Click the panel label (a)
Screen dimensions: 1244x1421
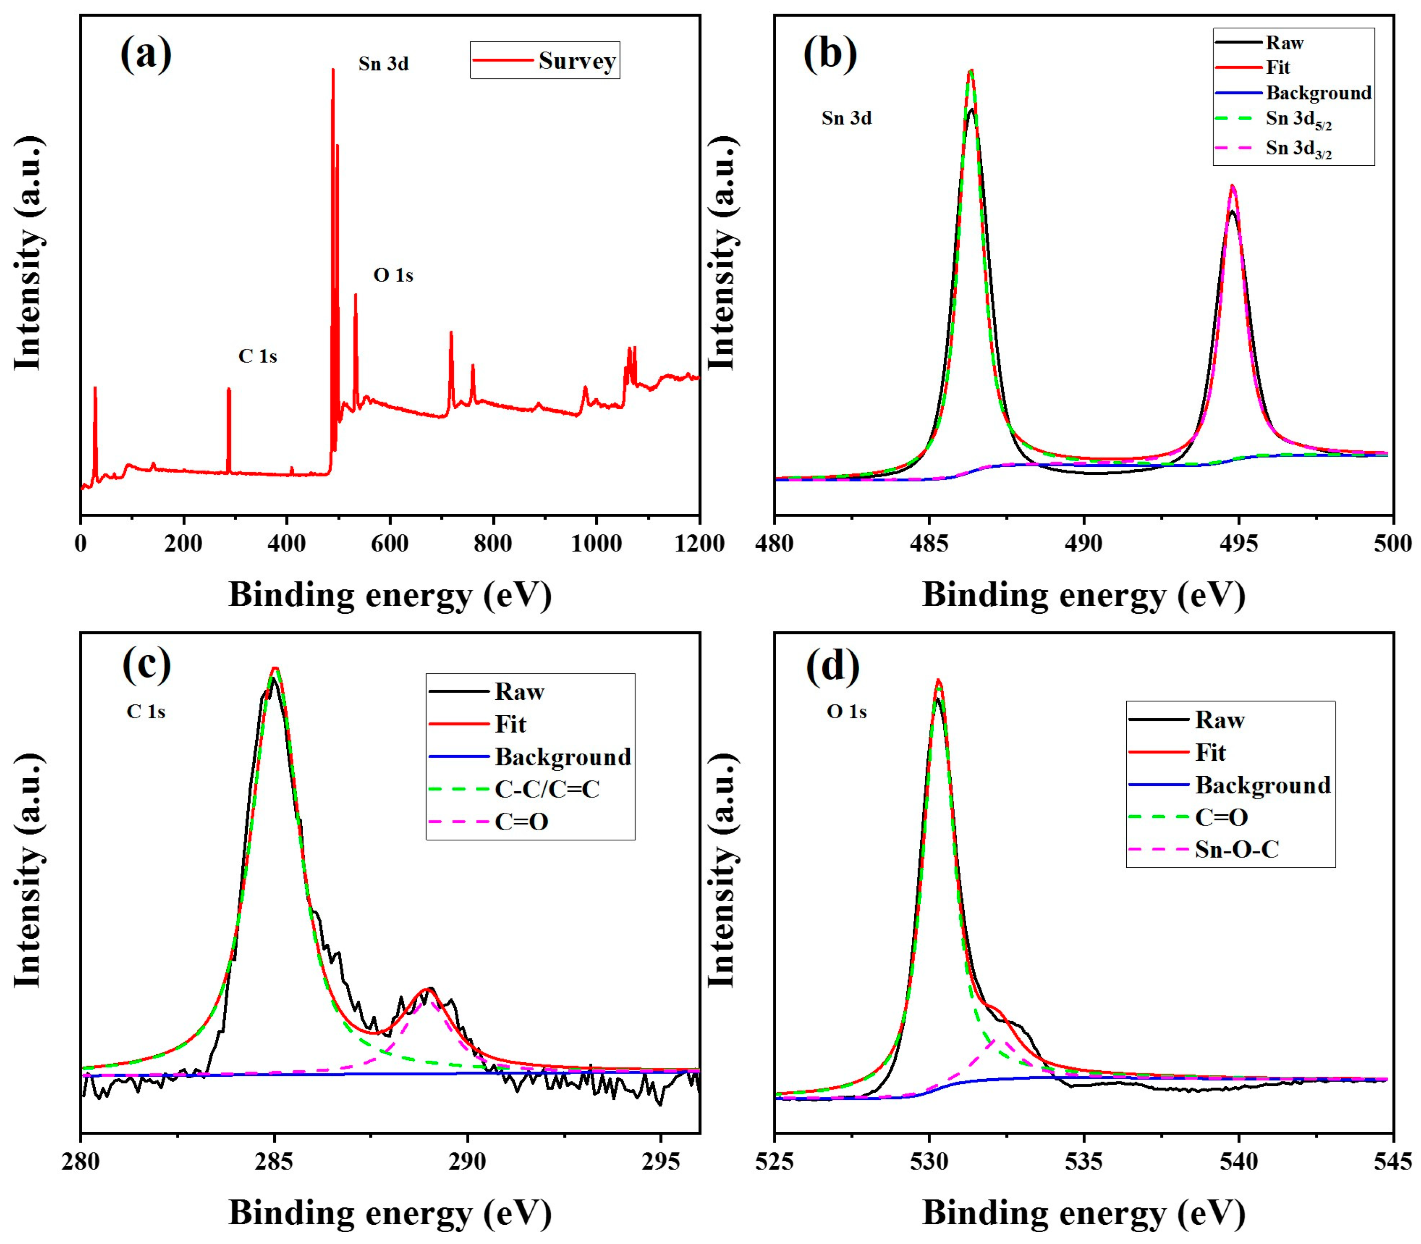pyautogui.click(x=145, y=54)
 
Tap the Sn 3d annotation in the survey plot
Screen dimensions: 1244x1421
pyautogui.click(x=383, y=64)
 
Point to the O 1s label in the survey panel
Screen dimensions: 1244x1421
pyautogui.click(x=393, y=276)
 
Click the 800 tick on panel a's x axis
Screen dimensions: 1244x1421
pyautogui.click(x=493, y=543)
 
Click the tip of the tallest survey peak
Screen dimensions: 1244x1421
pyautogui.click(x=333, y=70)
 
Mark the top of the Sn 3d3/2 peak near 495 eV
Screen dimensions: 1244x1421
pyautogui.click(x=1232, y=186)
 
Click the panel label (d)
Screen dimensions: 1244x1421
pyautogui.click(x=833, y=665)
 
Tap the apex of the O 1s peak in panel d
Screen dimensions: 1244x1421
pyautogui.click(x=938, y=680)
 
